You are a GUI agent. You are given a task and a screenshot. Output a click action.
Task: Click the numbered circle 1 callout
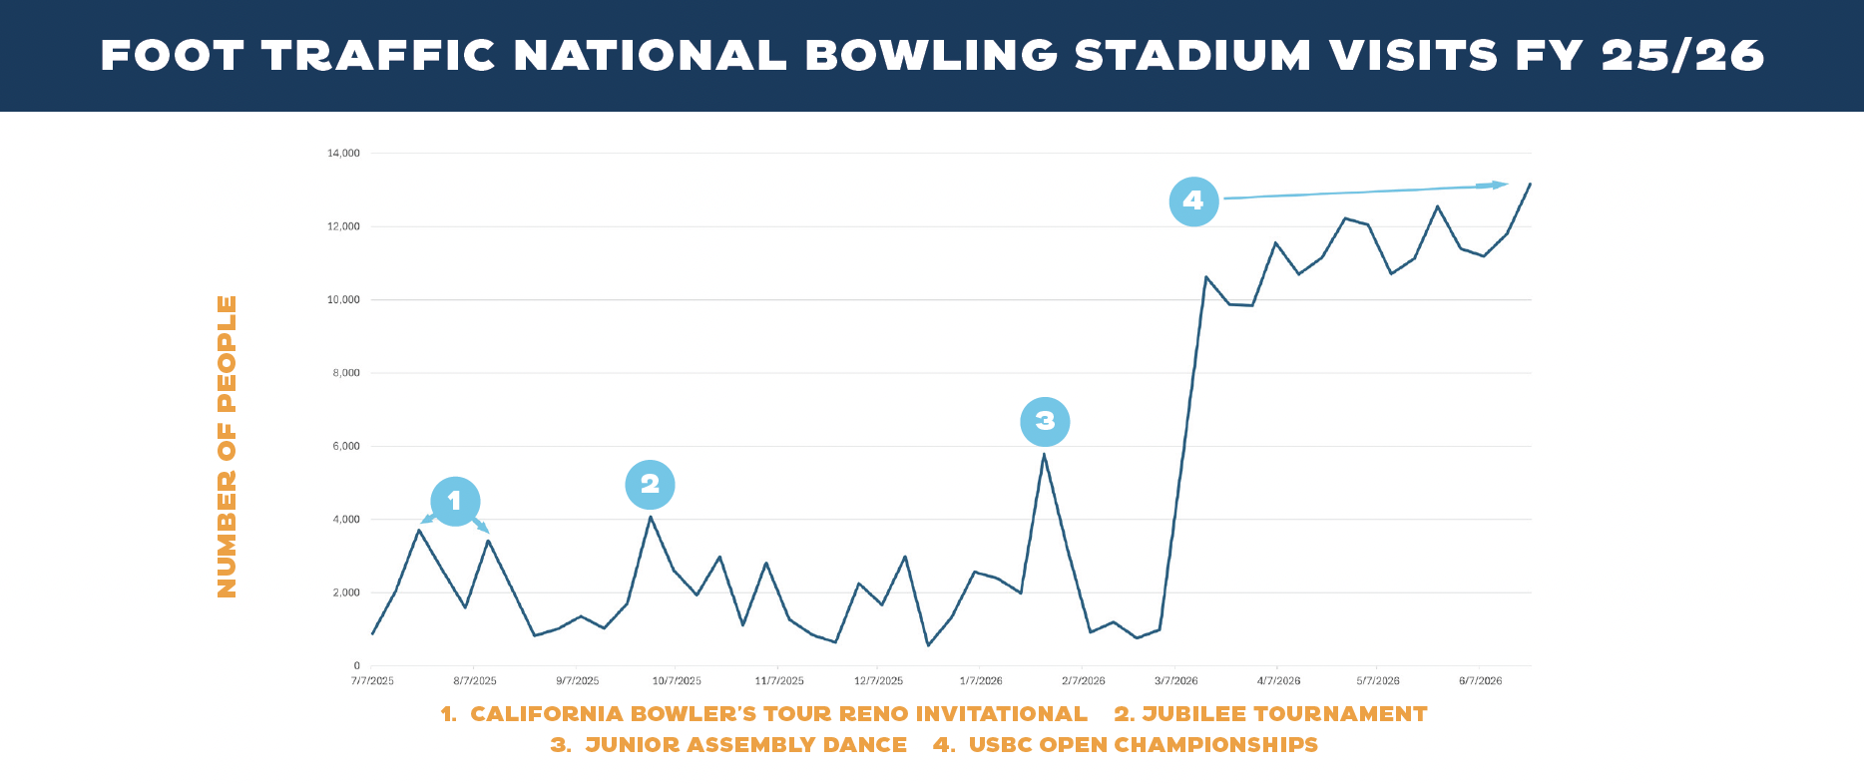[455, 501]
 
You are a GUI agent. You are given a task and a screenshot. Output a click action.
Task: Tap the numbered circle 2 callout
[650, 484]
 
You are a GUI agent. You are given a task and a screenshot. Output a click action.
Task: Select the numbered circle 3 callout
[1045, 421]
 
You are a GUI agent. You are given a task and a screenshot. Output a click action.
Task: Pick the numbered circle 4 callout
[1193, 200]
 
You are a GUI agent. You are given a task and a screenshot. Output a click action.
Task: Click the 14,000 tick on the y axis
[343, 154]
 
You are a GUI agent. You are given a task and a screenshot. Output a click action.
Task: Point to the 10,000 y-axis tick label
[343, 300]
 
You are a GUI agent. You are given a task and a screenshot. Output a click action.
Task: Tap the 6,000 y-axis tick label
[345, 447]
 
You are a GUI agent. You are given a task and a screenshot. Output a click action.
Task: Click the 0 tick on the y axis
[356, 666]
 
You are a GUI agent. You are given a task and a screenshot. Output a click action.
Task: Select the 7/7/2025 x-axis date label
[372, 681]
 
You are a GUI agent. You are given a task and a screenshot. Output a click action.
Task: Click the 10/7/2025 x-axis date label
[677, 681]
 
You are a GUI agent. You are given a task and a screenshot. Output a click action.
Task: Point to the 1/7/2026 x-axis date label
[981, 681]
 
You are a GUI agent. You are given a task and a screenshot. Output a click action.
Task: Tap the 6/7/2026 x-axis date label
[1480, 681]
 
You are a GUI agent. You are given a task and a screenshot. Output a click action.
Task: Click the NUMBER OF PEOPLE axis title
[228, 446]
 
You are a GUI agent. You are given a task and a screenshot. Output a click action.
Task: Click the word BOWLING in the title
[931, 56]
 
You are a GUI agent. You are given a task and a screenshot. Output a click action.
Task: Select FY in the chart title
[1549, 56]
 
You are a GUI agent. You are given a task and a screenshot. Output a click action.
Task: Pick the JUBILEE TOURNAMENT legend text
[1284, 714]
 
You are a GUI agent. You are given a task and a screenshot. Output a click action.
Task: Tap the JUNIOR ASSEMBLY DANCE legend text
[745, 745]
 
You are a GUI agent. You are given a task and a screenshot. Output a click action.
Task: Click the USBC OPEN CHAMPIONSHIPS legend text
[1143, 745]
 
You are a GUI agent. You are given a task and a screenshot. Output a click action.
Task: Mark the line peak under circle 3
[1044, 455]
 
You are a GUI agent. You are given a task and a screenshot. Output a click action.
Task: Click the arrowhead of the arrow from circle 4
[1500, 185]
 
